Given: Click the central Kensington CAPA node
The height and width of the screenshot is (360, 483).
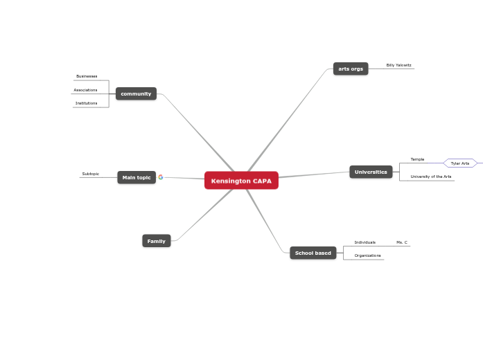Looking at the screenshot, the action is (x=241, y=181).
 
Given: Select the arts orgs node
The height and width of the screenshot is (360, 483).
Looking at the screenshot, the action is (x=351, y=69).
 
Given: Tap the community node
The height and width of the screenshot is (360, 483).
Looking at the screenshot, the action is (x=136, y=93).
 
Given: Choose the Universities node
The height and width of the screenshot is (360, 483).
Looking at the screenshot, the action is (x=371, y=172).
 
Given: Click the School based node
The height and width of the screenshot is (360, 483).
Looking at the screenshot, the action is (x=313, y=253).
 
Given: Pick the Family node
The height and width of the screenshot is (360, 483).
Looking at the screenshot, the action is (x=156, y=241).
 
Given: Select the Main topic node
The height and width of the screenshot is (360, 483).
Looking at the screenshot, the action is (x=137, y=177).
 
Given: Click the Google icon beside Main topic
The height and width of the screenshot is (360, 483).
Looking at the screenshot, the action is (x=161, y=177).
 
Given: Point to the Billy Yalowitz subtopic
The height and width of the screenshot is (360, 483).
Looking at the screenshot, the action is (x=398, y=65).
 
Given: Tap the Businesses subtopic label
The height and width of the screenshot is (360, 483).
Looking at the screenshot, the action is (x=87, y=76).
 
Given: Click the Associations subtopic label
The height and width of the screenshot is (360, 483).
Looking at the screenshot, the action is (x=86, y=90).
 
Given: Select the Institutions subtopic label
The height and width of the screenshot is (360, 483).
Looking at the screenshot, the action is (x=87, y=103).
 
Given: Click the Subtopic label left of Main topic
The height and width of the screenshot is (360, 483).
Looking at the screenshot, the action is (x=91, y=174).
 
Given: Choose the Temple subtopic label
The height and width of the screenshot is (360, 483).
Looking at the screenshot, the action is (x=417, y=159).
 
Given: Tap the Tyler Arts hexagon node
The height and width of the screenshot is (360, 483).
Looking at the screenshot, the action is (x=460, y=163).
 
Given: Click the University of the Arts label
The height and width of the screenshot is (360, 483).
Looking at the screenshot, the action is (x=430, y=177).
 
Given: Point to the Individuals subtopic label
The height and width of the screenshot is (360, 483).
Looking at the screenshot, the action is (x=365, y=242).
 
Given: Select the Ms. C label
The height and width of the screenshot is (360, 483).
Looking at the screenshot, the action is (x=402, y=242).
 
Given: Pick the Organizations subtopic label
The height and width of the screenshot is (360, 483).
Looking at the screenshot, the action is (x=367, y=255).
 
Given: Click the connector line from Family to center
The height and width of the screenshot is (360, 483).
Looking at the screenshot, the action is (x=204, y=215).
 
